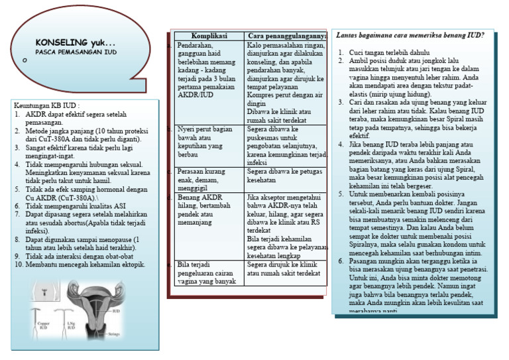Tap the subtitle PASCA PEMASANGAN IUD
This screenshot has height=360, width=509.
76,51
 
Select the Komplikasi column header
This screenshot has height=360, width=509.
209,35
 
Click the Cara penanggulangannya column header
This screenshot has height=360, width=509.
286,35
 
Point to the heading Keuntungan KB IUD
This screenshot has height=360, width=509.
46,105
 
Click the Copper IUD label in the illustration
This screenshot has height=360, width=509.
44,326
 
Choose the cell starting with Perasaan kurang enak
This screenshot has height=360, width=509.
208,179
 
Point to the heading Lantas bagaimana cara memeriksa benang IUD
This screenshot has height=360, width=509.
410,34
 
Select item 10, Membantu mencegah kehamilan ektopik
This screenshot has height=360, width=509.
85,265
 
